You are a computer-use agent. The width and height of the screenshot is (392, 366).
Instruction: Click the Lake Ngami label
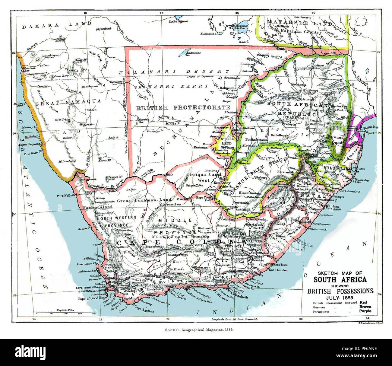pos(179,21)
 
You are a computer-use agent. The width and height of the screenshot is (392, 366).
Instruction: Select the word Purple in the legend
pos(365,311)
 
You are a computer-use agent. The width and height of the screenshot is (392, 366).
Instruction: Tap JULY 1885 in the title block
pos(340,297)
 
